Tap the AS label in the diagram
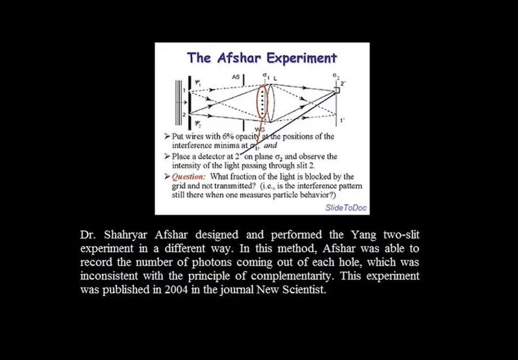click(236, 77)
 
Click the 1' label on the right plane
click(342, 120)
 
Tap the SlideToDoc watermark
click(346, 207)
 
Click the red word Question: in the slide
click(190, 176)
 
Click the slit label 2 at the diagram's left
click(184, 115)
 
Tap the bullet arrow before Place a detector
click(167, 156)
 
